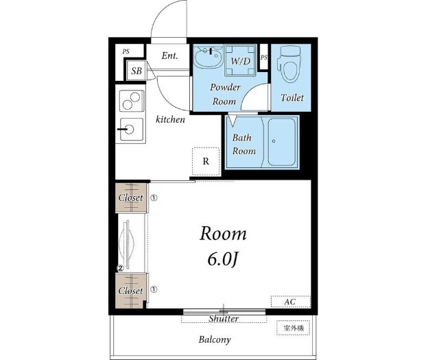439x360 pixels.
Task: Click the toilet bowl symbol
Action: click(289, 64)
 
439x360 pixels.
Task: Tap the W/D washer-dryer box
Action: click(240, 60)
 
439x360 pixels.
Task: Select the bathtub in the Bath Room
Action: click(282, 142)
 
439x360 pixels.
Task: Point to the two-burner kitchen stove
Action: click(132, 101)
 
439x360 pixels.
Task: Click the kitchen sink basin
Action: click(132, 130)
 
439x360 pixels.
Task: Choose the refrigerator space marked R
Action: click(206, 162)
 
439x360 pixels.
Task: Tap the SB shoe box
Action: click(137, 71)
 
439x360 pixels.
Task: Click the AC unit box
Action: click(291, 302)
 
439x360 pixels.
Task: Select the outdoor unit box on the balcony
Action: click(293, 328)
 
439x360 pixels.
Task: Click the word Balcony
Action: click(215, 340)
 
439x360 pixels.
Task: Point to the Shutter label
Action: click(224, 319)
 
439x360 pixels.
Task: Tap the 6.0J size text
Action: click(222, 260)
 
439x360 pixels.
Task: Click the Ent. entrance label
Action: click(169, 56)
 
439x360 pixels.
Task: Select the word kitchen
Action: click(170, 119)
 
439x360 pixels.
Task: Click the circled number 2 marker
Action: click(121, 268)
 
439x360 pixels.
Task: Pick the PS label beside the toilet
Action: click(264, 58)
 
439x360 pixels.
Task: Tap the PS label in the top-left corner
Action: click(126, 52)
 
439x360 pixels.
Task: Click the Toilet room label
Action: click(292, 97)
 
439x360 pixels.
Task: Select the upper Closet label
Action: click(130, 197)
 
